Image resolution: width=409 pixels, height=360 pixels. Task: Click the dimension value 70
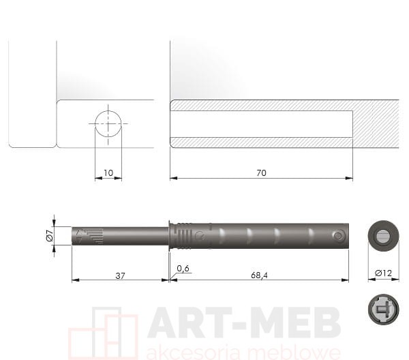[261, 173]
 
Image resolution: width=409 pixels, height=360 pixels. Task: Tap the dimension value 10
[108, 173]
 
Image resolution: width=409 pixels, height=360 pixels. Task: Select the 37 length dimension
[120, 275]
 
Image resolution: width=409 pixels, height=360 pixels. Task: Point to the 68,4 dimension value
[259, 275]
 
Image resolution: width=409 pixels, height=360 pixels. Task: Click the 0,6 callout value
[183, 269]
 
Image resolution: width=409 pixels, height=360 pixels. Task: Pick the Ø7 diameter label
[50, 236]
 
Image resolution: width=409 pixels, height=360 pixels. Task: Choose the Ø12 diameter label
[383, 273]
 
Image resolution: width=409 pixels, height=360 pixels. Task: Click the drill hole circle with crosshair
[108, 123]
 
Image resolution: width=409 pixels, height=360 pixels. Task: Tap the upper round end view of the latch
[383, 236]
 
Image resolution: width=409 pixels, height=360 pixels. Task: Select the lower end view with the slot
[383, 310]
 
